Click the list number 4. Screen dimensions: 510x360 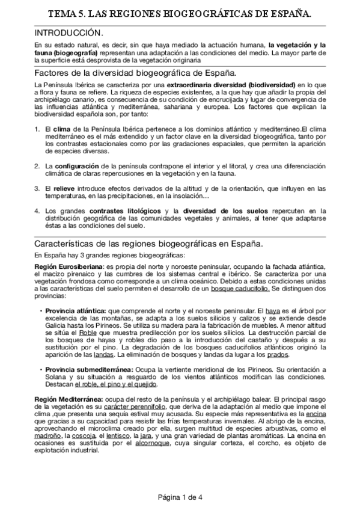click(x=37, y=211)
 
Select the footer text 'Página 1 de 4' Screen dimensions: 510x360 click(x=180, y=497)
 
